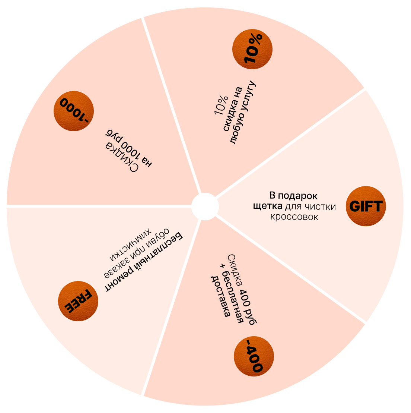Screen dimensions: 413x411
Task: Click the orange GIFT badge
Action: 366,206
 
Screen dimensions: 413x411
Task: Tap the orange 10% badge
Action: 252,49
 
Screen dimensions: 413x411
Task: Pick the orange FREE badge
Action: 79,301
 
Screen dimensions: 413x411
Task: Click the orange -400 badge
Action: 253,355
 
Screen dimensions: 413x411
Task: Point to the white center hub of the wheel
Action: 205,206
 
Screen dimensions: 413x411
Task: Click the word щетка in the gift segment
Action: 268,206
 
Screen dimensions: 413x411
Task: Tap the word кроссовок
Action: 294,217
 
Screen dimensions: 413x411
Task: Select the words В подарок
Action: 293,196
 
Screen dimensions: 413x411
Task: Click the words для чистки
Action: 310,206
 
